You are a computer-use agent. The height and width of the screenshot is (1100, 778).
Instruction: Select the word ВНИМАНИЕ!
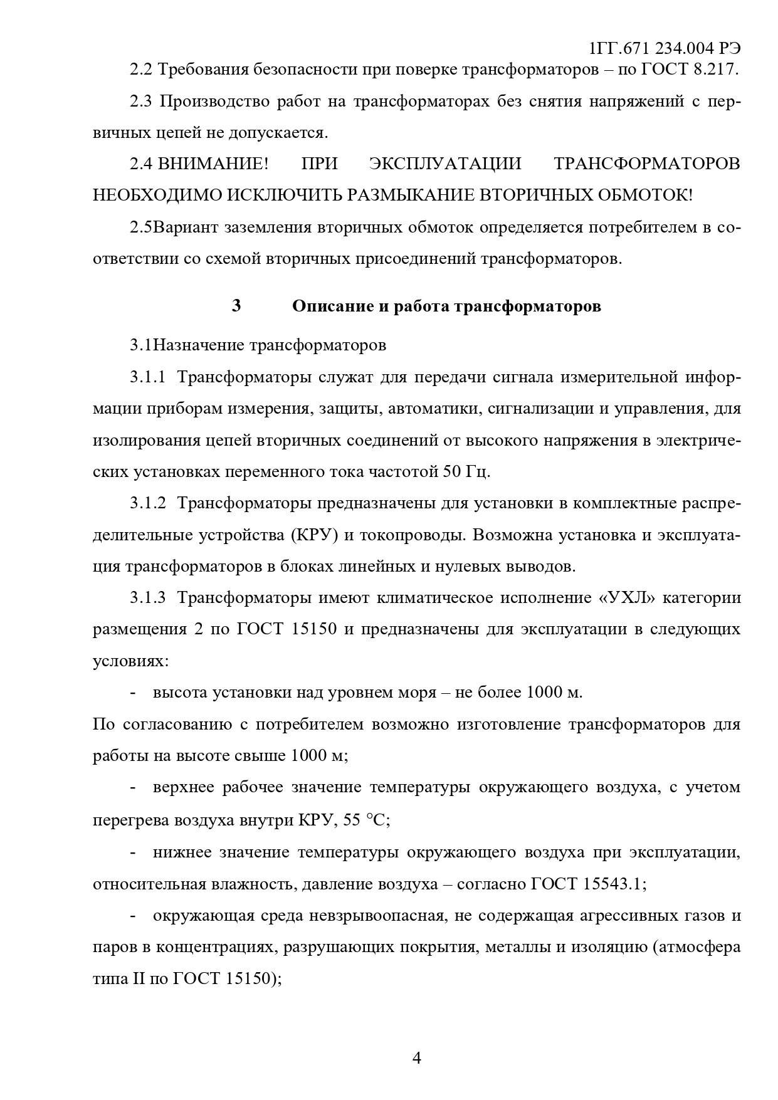(213, 164)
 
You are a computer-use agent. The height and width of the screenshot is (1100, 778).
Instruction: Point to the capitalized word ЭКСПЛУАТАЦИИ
(445, 164)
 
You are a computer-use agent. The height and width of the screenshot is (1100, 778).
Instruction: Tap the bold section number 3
(236, 306)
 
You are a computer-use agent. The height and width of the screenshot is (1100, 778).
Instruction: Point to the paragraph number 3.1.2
(148, 503)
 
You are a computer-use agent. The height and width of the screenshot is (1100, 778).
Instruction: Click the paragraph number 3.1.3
(148, 598)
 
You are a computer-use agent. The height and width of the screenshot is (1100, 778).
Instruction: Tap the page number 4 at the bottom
(417, 1059)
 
